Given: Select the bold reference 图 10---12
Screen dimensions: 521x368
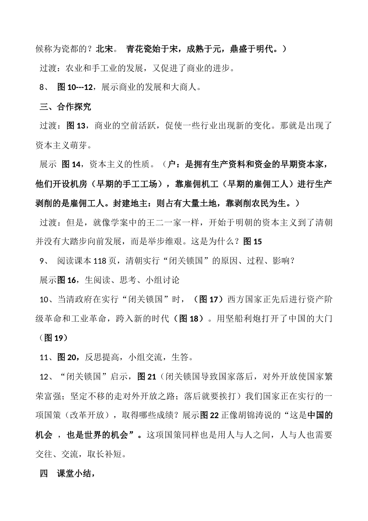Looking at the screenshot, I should coord(75,87).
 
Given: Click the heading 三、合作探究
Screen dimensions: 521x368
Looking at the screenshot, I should coord(65,107).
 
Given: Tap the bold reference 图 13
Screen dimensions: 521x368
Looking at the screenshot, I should coord(76,126).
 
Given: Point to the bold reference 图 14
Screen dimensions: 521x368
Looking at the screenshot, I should coord(71,164).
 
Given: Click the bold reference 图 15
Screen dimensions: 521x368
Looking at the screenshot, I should coord(253,242).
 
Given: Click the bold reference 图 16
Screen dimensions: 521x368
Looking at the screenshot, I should coord(66,280).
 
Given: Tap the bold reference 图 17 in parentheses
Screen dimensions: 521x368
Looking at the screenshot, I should coord(209,299).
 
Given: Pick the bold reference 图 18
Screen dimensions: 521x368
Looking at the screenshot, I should coord(189,319).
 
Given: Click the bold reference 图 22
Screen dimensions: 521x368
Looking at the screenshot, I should coord(210,415).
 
